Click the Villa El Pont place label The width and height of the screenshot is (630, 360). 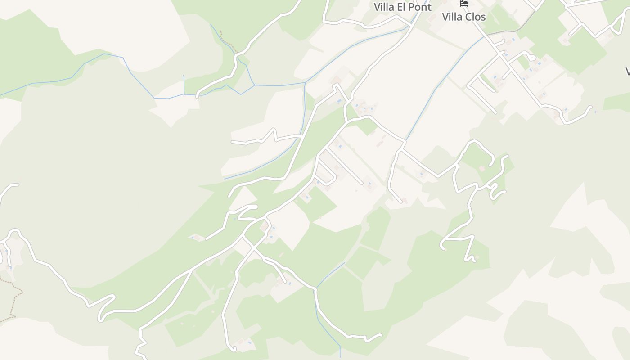coord(402,7)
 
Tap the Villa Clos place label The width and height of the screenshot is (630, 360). coord(463,17)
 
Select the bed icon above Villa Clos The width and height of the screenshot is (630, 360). coord(463,3)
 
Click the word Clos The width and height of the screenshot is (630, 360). coord(475,17)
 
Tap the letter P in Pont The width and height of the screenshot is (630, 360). coord(410,7)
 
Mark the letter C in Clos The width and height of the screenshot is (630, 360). coord(468,17)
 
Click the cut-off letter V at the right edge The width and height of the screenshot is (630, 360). coord(628,72)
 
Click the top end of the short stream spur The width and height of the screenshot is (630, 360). coord(184,76)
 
